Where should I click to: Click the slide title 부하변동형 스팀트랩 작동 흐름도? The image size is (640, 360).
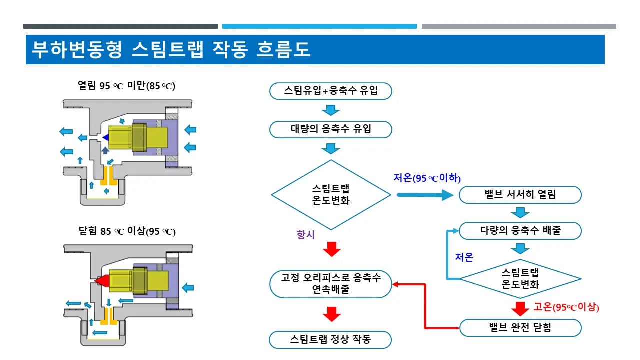point(171,49)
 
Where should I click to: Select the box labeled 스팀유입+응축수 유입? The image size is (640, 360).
point(331,91)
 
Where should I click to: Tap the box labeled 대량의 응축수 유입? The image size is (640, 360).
point(331,129)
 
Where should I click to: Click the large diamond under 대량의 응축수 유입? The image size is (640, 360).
point(331,195)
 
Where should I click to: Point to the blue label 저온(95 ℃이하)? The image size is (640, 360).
point(427,178)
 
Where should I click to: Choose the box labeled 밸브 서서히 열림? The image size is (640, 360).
point(520,195)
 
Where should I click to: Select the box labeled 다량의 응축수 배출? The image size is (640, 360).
point(520,231)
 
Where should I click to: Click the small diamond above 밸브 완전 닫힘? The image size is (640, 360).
point(520,279)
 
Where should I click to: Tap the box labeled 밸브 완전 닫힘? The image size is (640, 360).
point(520,328)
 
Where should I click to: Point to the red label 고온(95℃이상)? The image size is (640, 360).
point(566,307)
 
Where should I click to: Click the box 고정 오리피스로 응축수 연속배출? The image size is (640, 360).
point(331,284)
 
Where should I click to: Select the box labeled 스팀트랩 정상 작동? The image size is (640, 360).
point(330,339)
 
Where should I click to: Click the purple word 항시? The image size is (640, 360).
point(305,235)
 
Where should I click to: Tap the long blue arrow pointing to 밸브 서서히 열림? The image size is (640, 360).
point(425,195)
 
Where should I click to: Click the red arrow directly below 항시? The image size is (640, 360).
point(331,249)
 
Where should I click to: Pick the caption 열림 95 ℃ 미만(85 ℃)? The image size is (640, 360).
point(126,85)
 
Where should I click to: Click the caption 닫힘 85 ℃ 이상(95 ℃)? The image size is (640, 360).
point(127,231)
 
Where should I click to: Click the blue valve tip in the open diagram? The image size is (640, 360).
point(105,137)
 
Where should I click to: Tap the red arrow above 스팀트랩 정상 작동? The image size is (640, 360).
point(331,314)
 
